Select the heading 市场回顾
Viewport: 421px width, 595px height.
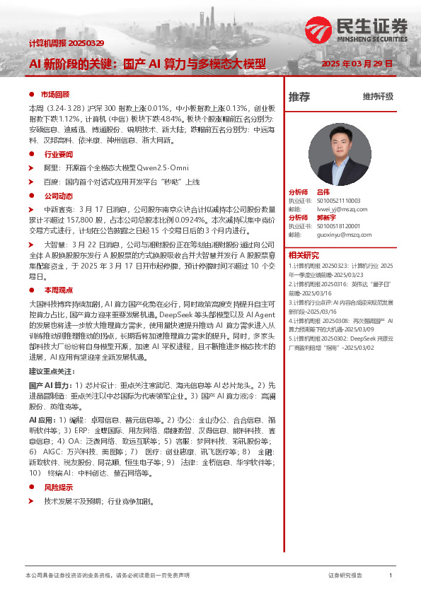[x=54, y=94]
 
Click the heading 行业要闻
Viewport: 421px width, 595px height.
[x=59, y=153]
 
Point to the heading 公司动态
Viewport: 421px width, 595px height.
[x=59, y=195]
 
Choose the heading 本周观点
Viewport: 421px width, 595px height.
[x=59, y=290]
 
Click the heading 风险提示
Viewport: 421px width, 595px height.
[x=59, y=488]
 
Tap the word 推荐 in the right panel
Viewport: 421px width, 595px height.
[x=299, y=98]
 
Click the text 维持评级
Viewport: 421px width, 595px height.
[x=378, y=97]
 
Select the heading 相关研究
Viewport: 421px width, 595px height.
[x=303, y=255]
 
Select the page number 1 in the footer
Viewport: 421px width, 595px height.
[x=391, y=576]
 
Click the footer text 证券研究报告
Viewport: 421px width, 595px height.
[x=345, y=576]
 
